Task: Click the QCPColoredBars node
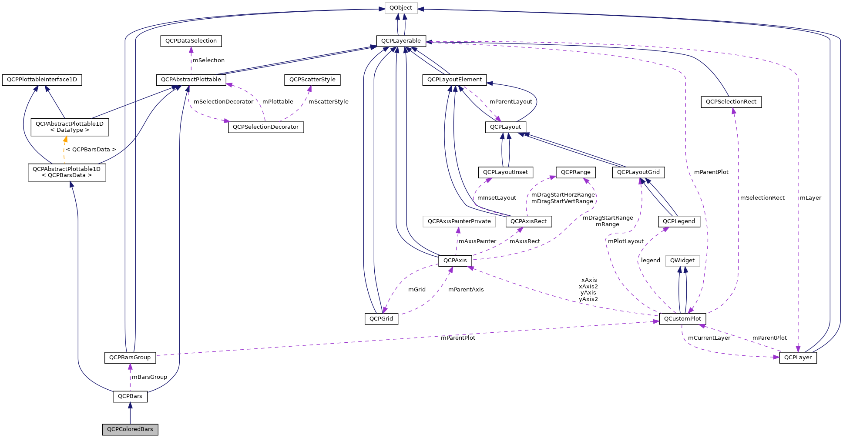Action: click(x=130, y=429)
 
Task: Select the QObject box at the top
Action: click(x=401, y=8)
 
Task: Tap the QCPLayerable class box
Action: click(x=401, y=41)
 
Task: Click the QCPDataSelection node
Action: click(x=191, y=41)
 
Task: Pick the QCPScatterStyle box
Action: click(x=312, y=80)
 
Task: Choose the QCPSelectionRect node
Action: click(x=731, y=102)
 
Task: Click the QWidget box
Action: click(x=682, y=261)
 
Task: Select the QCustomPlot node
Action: click(x=682, y=319)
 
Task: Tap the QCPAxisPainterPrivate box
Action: click(x=459, y=221)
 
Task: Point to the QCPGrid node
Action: click(x=381, y=319)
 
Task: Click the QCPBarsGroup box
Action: click(x=130, y=358)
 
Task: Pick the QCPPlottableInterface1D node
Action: click(x=42, y=80)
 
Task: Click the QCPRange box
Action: click(x=576, y=172)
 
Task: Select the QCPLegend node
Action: click(x=679, y=221)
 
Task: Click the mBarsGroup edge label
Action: click(x=149, y=377)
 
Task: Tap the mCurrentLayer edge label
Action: click(x=709, y=338)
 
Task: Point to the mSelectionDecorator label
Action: click(x=223, y=102)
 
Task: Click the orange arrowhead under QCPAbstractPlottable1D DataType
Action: click(x=65, y=140)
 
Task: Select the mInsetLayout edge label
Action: click(x=497, y=198)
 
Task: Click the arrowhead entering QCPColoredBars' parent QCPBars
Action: click(x=130, y=406)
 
